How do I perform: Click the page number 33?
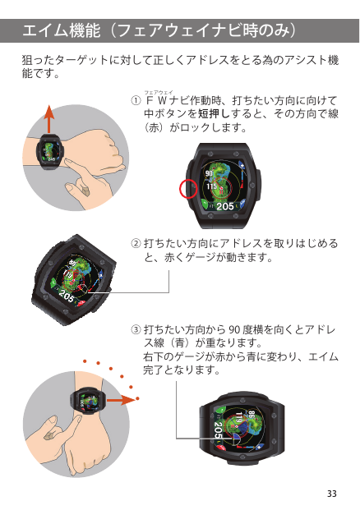coord(332,493)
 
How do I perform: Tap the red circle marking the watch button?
coord(188,189)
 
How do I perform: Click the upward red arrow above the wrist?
coord(48,119)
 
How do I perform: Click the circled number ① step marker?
coord(136,100)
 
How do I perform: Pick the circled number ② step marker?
coord(136,243)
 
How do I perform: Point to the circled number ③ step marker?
coord(136,330)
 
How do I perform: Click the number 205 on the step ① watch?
coord(225,206)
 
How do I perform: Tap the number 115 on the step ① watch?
coord(211,186)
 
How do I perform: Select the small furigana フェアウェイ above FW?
coord(159,92)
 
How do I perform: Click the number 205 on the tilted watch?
coord(67,296)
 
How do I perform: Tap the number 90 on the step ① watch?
coord(209,173)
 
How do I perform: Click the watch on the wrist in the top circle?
coord(50,152)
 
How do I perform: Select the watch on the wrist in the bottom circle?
coord(88,400)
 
